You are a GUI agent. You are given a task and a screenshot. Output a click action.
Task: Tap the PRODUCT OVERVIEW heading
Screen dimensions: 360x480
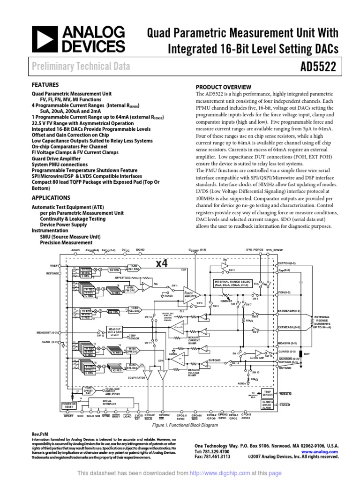(x=223, y=87)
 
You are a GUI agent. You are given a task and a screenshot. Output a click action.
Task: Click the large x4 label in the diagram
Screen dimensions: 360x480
(x=161, y=263)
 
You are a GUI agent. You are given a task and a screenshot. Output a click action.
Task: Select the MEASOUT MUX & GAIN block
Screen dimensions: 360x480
(x=114, y=330)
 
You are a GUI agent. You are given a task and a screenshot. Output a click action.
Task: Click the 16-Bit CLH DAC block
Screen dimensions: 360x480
(x=135, y=269)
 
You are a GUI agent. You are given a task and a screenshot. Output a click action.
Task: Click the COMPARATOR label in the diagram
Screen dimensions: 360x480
(x=135, y=377)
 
